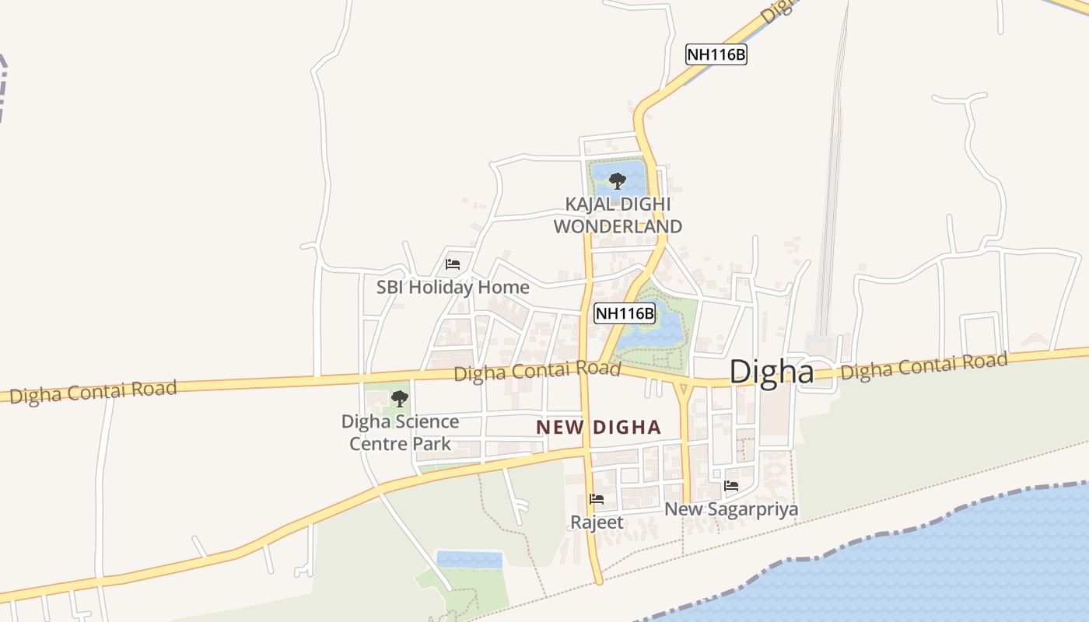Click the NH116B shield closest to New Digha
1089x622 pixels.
click(x=625, y=313)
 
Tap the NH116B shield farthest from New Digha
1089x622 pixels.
click(x=716, y=54)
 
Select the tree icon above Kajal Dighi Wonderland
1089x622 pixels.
click(x=618, y=181)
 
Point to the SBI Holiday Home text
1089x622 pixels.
click(x=453, y=287)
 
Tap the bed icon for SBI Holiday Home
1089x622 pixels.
click(x=453, y=264)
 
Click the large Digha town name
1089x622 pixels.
click(x=772, y=372)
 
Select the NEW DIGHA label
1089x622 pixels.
click(x=598, y=427)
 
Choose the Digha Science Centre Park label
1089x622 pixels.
click(x=400, y=432)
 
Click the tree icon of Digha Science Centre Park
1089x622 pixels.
click(x=400, y=399)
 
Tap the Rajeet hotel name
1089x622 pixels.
click(x=597, y=522)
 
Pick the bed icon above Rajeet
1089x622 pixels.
click(x=597, y=498)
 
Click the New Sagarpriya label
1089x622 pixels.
click(x=730, y=509)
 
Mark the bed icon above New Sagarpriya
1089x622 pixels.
click(x=731, y=486)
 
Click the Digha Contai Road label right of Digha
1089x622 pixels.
click(x=923, y=365)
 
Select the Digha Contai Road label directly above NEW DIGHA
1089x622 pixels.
click(x=537, y=371)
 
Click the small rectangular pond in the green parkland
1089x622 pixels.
click(x=469, y=559)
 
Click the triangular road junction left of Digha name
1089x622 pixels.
click(x=684, y=388)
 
